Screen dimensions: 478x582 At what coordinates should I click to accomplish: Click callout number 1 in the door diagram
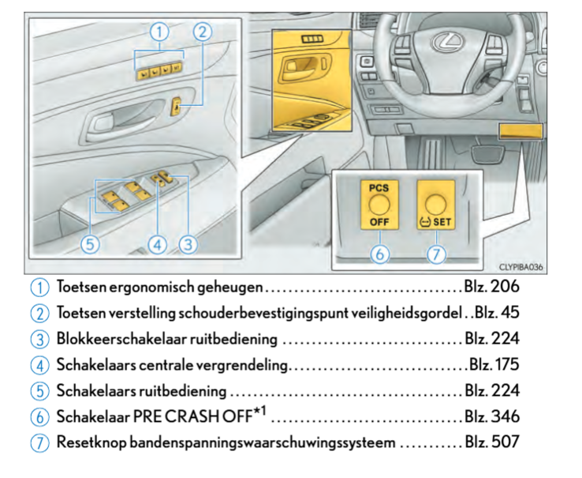pyautogui.click(x=160, y=32)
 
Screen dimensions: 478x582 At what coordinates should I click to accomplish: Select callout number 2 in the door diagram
pyautogui.click(x=203, y=32)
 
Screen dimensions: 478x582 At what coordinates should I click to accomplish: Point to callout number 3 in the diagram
pyautogui.click(x=187, y=245)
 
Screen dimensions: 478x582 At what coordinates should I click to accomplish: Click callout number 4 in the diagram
pyautogui.click(x=158, y=245)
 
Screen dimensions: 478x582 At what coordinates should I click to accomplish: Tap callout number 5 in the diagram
pyautogui.click(x=91, y=245)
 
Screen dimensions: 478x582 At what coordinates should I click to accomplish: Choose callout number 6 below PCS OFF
pyautogui.click(x=379, y=254)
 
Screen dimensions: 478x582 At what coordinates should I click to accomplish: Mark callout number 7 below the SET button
pyautogui.click(x=435, y=254)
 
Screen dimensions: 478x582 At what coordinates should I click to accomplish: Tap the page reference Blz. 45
pyautogui.click(x=497, y=312)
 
